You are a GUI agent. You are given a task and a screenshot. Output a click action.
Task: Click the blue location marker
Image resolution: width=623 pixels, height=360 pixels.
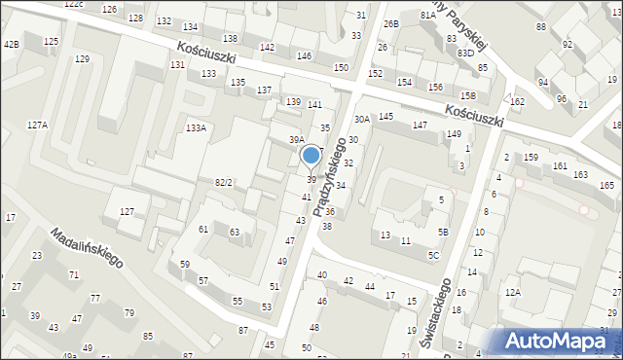(311, 155)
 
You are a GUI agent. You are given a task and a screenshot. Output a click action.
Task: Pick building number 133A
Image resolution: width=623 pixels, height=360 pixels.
(196, 127)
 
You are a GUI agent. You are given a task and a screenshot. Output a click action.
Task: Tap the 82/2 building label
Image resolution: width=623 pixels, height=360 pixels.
(224, 182)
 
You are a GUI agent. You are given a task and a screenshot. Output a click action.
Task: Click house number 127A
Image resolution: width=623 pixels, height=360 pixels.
(37, 125)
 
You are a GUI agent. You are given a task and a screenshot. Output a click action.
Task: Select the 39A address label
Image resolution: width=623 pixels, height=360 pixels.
(296, 140)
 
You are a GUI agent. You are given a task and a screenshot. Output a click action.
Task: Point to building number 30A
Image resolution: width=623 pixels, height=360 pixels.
(361, 119)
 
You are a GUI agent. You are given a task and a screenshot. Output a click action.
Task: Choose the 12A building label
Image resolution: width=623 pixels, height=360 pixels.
(513, 292)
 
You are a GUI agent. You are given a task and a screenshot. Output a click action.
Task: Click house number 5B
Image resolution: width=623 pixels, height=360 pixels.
(443, 232)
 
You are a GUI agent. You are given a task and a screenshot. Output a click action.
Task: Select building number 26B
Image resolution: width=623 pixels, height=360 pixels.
(390, 23)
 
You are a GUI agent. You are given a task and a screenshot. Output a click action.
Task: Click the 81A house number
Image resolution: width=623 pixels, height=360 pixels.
(427, 16)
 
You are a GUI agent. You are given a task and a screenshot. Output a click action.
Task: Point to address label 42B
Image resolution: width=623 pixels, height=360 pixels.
(11, 45)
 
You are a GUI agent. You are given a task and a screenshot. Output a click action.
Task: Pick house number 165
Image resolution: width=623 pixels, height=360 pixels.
(606, 185)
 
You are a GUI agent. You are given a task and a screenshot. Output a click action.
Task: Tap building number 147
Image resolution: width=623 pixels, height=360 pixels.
(420, 126)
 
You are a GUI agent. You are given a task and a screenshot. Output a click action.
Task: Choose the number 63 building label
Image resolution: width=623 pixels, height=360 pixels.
(235, 232)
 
